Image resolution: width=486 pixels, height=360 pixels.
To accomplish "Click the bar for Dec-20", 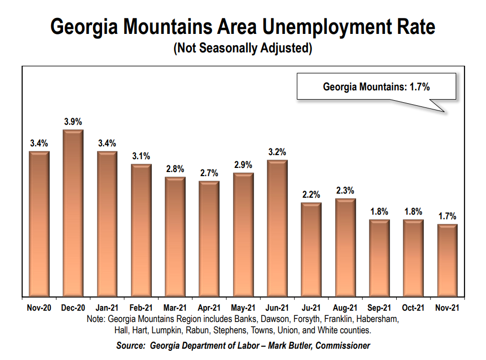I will coord(73,213).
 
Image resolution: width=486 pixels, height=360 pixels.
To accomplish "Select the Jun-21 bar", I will coord(277,229).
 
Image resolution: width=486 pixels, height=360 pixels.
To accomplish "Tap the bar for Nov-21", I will coord(447,260).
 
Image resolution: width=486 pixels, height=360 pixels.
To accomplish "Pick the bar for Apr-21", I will coord(209,239).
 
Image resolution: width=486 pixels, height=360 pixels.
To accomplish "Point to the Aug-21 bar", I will coord(345,248).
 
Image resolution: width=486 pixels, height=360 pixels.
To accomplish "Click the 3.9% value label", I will coord(73,122).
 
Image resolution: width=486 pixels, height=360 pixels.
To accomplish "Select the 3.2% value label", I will coord(277,152).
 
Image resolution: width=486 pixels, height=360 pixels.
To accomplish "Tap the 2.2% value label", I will coord(311,195).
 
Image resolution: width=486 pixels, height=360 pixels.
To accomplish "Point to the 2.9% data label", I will coord(243,165).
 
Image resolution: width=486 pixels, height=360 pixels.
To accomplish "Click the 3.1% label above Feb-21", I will coord(141,156).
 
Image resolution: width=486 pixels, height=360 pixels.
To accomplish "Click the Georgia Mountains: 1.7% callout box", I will coord(376,87).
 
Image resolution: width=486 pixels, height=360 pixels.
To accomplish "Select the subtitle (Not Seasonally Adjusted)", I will coord(243,49).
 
